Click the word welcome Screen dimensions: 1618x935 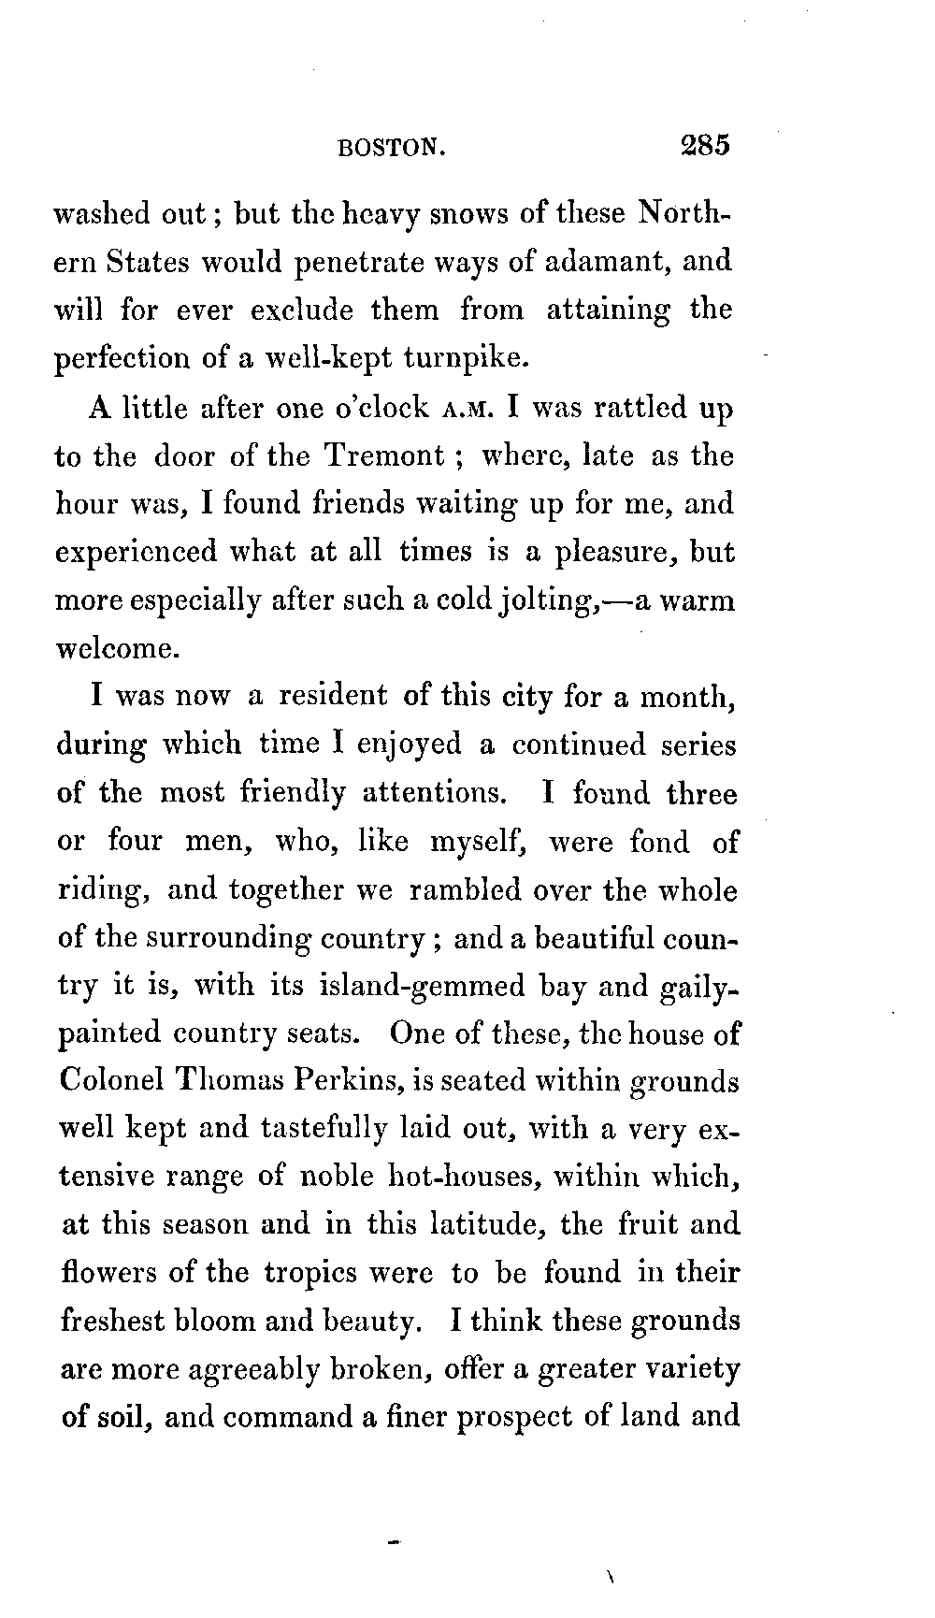point(114,648)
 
